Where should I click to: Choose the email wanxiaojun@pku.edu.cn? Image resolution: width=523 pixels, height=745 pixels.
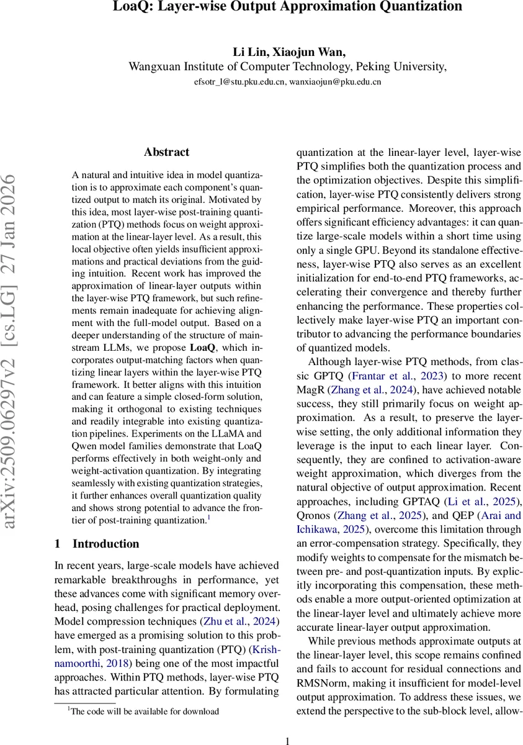point(334,81)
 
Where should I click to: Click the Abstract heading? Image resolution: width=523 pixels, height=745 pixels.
point(166,152)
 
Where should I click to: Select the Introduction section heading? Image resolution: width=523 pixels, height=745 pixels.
point(105,544)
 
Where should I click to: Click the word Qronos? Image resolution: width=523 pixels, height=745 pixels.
point(314,516)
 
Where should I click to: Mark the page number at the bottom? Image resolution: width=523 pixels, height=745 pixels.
point(287,741)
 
